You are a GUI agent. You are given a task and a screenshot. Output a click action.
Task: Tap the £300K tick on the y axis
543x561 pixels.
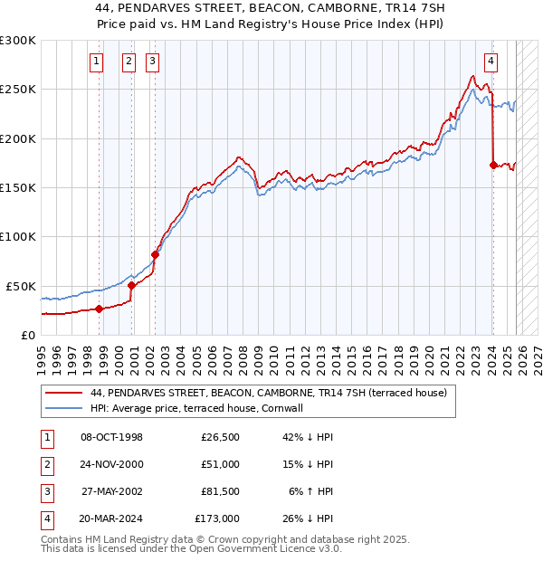pyautogui.click(x=18, y=41)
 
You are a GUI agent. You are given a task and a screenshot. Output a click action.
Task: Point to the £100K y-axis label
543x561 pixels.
pyautogui.click(x=18, y=236)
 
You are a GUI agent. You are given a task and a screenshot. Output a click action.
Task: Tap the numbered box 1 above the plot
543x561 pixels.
pyautogui.click(x=97, y=62)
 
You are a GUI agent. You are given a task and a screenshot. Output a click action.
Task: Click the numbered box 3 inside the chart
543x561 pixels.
pyautogui.click(x=153, y=62)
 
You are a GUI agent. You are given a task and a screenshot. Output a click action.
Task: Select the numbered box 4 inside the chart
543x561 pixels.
pyautogui.click(x=491, y=62)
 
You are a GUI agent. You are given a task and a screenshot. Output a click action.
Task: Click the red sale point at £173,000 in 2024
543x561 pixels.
pyautogui.click(x=493, y=166)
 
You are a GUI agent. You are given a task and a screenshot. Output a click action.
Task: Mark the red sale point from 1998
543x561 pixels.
pyautogui.click(x=99, y=309)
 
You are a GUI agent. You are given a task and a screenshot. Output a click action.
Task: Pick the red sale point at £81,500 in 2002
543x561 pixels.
pyautogui.click(x=155, y=255)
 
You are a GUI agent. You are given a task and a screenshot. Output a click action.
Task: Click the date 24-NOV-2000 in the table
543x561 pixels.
pyautogui.click(x=111, y=464)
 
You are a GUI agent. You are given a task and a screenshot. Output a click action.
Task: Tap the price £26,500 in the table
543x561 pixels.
pyautogui.click(x=220, y=437)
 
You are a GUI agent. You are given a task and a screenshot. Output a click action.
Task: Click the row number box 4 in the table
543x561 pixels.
pyautogui.click(x=46, y=518)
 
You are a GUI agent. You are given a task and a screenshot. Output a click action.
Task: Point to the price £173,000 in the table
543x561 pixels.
pyautogui.click(x=217, y=518)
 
